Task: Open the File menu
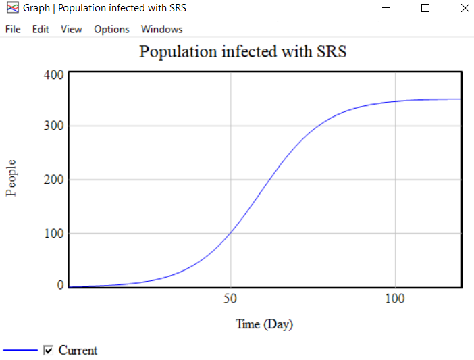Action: point(13,29)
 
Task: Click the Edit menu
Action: point(41,29)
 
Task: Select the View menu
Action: point(71,29)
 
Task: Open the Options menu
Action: point(111,29)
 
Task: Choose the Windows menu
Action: point(161,29)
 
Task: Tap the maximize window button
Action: point(425,9)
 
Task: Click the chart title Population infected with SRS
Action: point(242,51)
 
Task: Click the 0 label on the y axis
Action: point(60,286)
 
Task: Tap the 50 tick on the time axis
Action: point(230,299)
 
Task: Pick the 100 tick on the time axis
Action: point(394,299)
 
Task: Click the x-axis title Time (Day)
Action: point(264,324)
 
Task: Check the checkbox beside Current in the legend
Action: point(48,350)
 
